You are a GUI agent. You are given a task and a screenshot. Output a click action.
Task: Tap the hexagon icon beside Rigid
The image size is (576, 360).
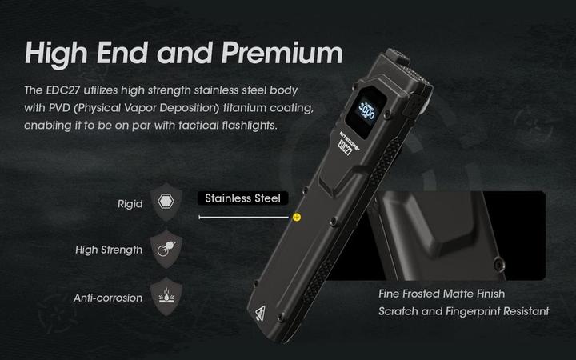coord(166,203)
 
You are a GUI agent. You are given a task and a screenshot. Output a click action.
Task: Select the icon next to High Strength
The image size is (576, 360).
coord(166,249)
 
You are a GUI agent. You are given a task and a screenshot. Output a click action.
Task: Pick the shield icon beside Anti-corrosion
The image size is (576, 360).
coord(166,297)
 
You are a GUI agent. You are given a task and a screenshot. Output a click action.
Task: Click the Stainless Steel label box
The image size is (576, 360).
coord(242,198)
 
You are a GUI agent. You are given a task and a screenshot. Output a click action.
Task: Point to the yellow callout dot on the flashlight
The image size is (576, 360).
coord(297,217)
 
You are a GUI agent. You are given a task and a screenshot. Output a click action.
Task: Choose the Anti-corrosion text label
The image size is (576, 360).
coord(108,298)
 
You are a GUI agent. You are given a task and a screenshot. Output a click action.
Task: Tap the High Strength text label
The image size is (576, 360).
coord(109,250)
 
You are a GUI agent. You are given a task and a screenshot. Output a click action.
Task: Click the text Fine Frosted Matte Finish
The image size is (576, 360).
coord(442,294)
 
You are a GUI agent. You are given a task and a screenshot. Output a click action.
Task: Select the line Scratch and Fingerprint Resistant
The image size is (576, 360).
coord(464,311)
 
